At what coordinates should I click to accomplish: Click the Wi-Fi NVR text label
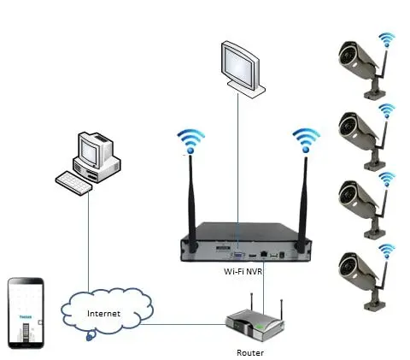pyautogui.click(x=237, y=270)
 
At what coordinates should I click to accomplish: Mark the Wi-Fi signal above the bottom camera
pyautogui.click(x=388, y=251)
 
